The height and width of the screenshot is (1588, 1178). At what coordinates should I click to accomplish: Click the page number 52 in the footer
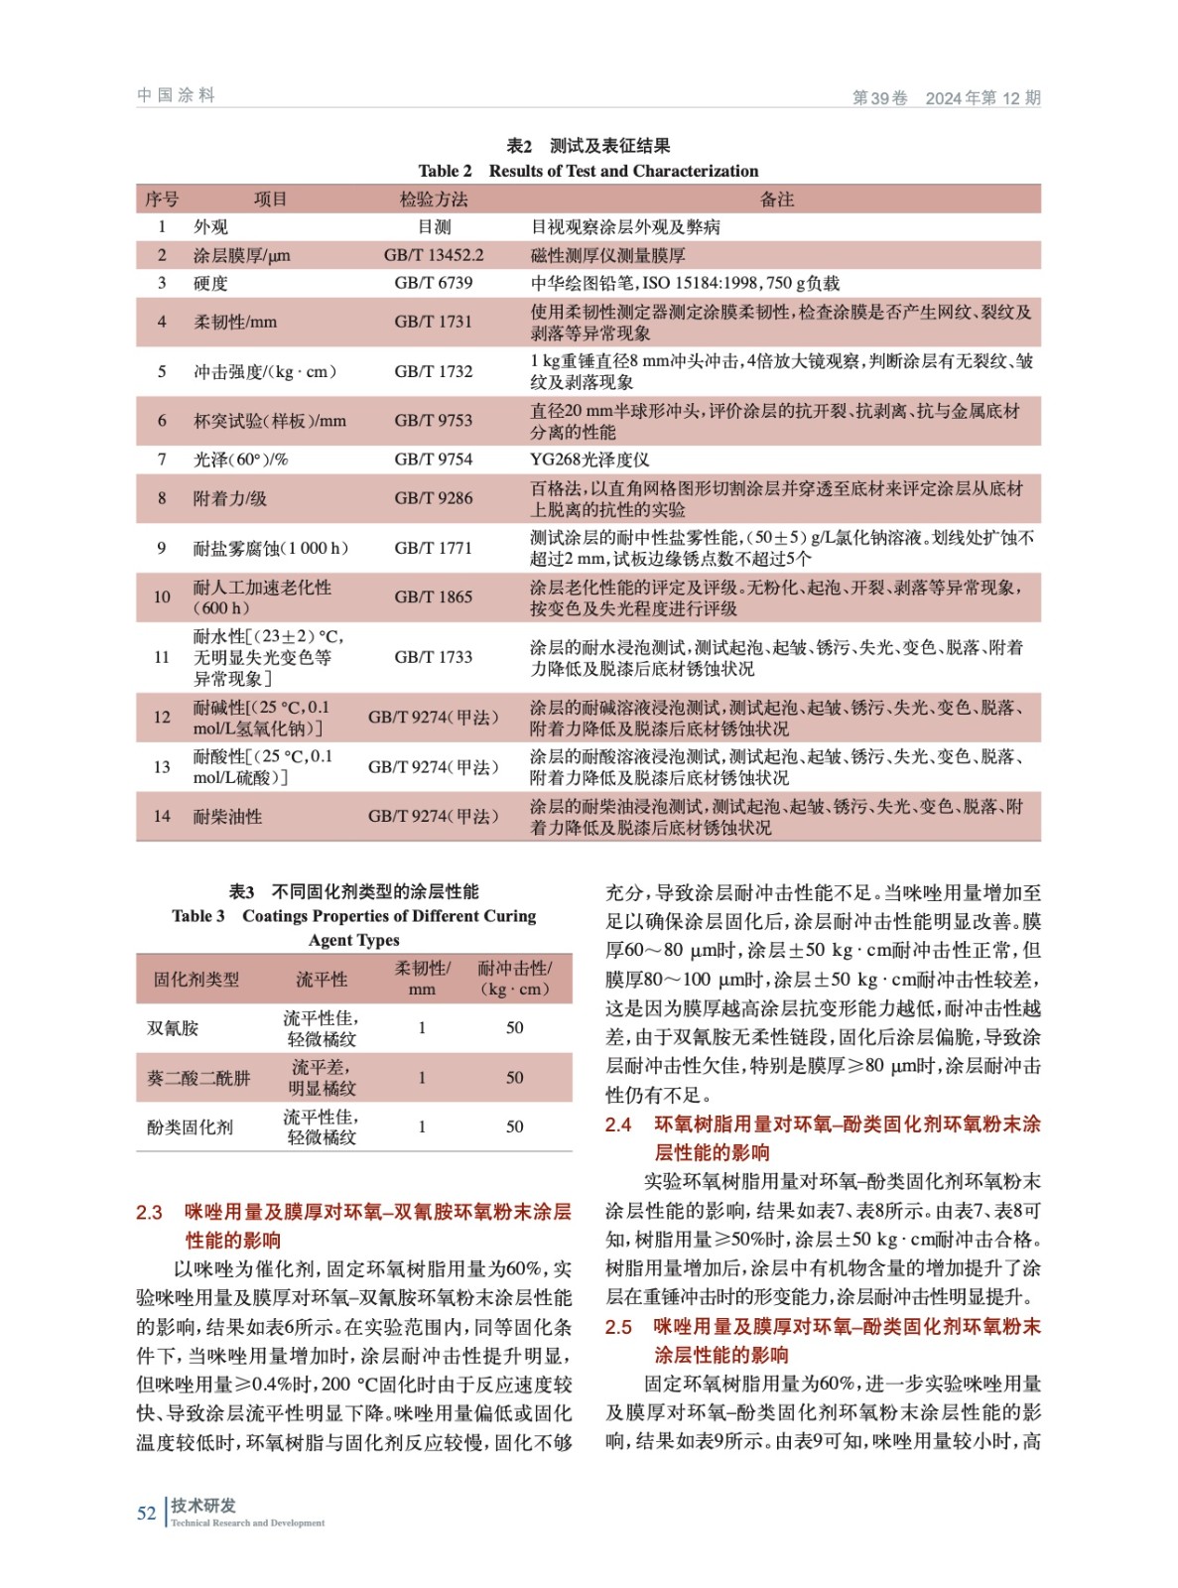146,1513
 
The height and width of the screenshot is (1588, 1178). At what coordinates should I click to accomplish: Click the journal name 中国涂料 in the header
176,95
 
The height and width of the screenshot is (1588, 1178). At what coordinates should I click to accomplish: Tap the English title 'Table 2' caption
588,171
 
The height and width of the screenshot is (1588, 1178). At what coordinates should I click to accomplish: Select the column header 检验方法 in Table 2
434,199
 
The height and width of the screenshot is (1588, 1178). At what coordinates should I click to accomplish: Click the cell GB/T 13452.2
434,255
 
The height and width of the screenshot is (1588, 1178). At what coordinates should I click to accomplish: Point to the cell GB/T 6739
434,283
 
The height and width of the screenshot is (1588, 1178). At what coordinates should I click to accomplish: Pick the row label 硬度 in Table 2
210,283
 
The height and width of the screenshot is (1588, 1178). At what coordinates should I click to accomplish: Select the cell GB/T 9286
434,498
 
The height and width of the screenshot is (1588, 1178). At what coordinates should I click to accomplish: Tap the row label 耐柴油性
227,817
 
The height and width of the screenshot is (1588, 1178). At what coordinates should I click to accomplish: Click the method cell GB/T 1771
434,548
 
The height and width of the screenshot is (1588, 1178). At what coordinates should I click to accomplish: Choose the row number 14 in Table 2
162,817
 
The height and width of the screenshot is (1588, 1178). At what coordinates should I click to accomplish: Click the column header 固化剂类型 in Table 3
196,980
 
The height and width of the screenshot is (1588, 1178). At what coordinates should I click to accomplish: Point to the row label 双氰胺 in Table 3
173,1028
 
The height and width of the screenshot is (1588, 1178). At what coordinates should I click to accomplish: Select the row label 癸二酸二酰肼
198,1078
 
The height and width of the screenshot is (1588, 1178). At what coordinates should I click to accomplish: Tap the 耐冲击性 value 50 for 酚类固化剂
514,1126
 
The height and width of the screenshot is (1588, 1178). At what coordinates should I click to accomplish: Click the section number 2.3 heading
149,1213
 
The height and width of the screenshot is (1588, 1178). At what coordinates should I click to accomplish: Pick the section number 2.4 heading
618,1125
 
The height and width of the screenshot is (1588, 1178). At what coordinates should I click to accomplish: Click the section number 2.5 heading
618,1327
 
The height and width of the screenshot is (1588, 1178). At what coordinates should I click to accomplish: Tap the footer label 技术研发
203,1506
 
